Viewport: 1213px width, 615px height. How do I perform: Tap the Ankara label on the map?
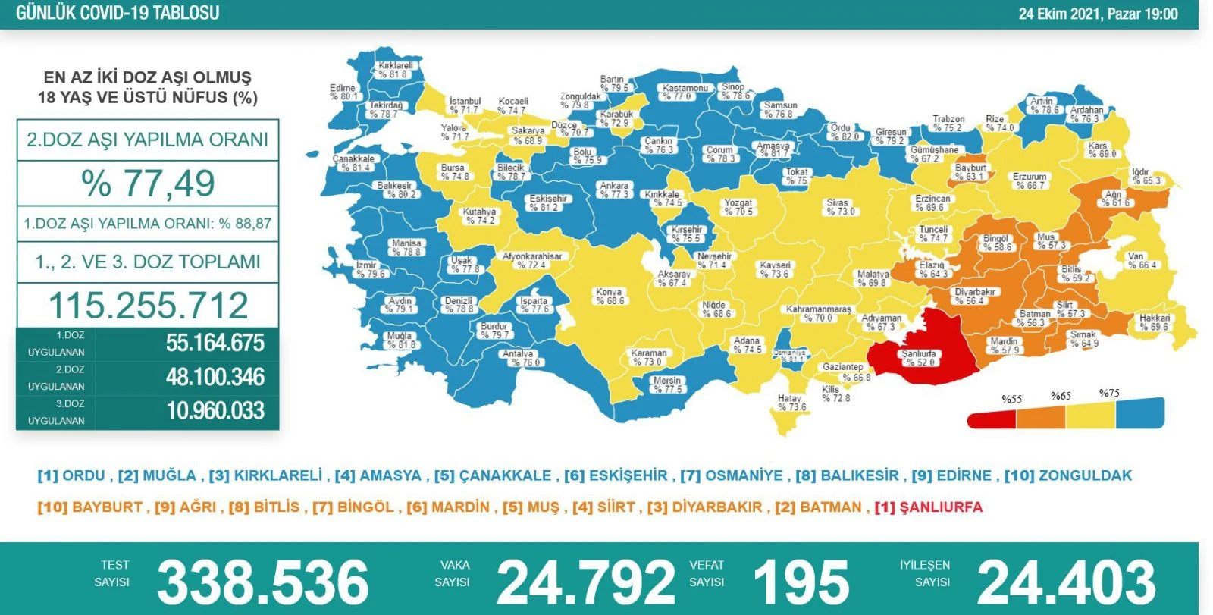click(614, 190)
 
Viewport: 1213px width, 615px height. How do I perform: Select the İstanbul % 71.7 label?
click(465, 105)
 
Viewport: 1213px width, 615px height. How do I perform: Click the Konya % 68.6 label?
click(610, 297)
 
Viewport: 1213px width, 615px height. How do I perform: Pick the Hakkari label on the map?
click(1154, 322)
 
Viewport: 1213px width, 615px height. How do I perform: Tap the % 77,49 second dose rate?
click(148, 184)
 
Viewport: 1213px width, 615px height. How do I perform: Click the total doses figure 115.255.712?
click(148, 306)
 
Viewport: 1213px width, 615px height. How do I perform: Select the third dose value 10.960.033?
click(215, 411)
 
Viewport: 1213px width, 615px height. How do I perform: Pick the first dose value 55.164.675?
click(215, 343)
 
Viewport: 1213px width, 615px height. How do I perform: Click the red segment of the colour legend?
click(992, 418)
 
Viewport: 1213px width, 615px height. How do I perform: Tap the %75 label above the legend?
click(1108, 394)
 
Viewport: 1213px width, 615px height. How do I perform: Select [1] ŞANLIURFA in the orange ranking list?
click(928, 507)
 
